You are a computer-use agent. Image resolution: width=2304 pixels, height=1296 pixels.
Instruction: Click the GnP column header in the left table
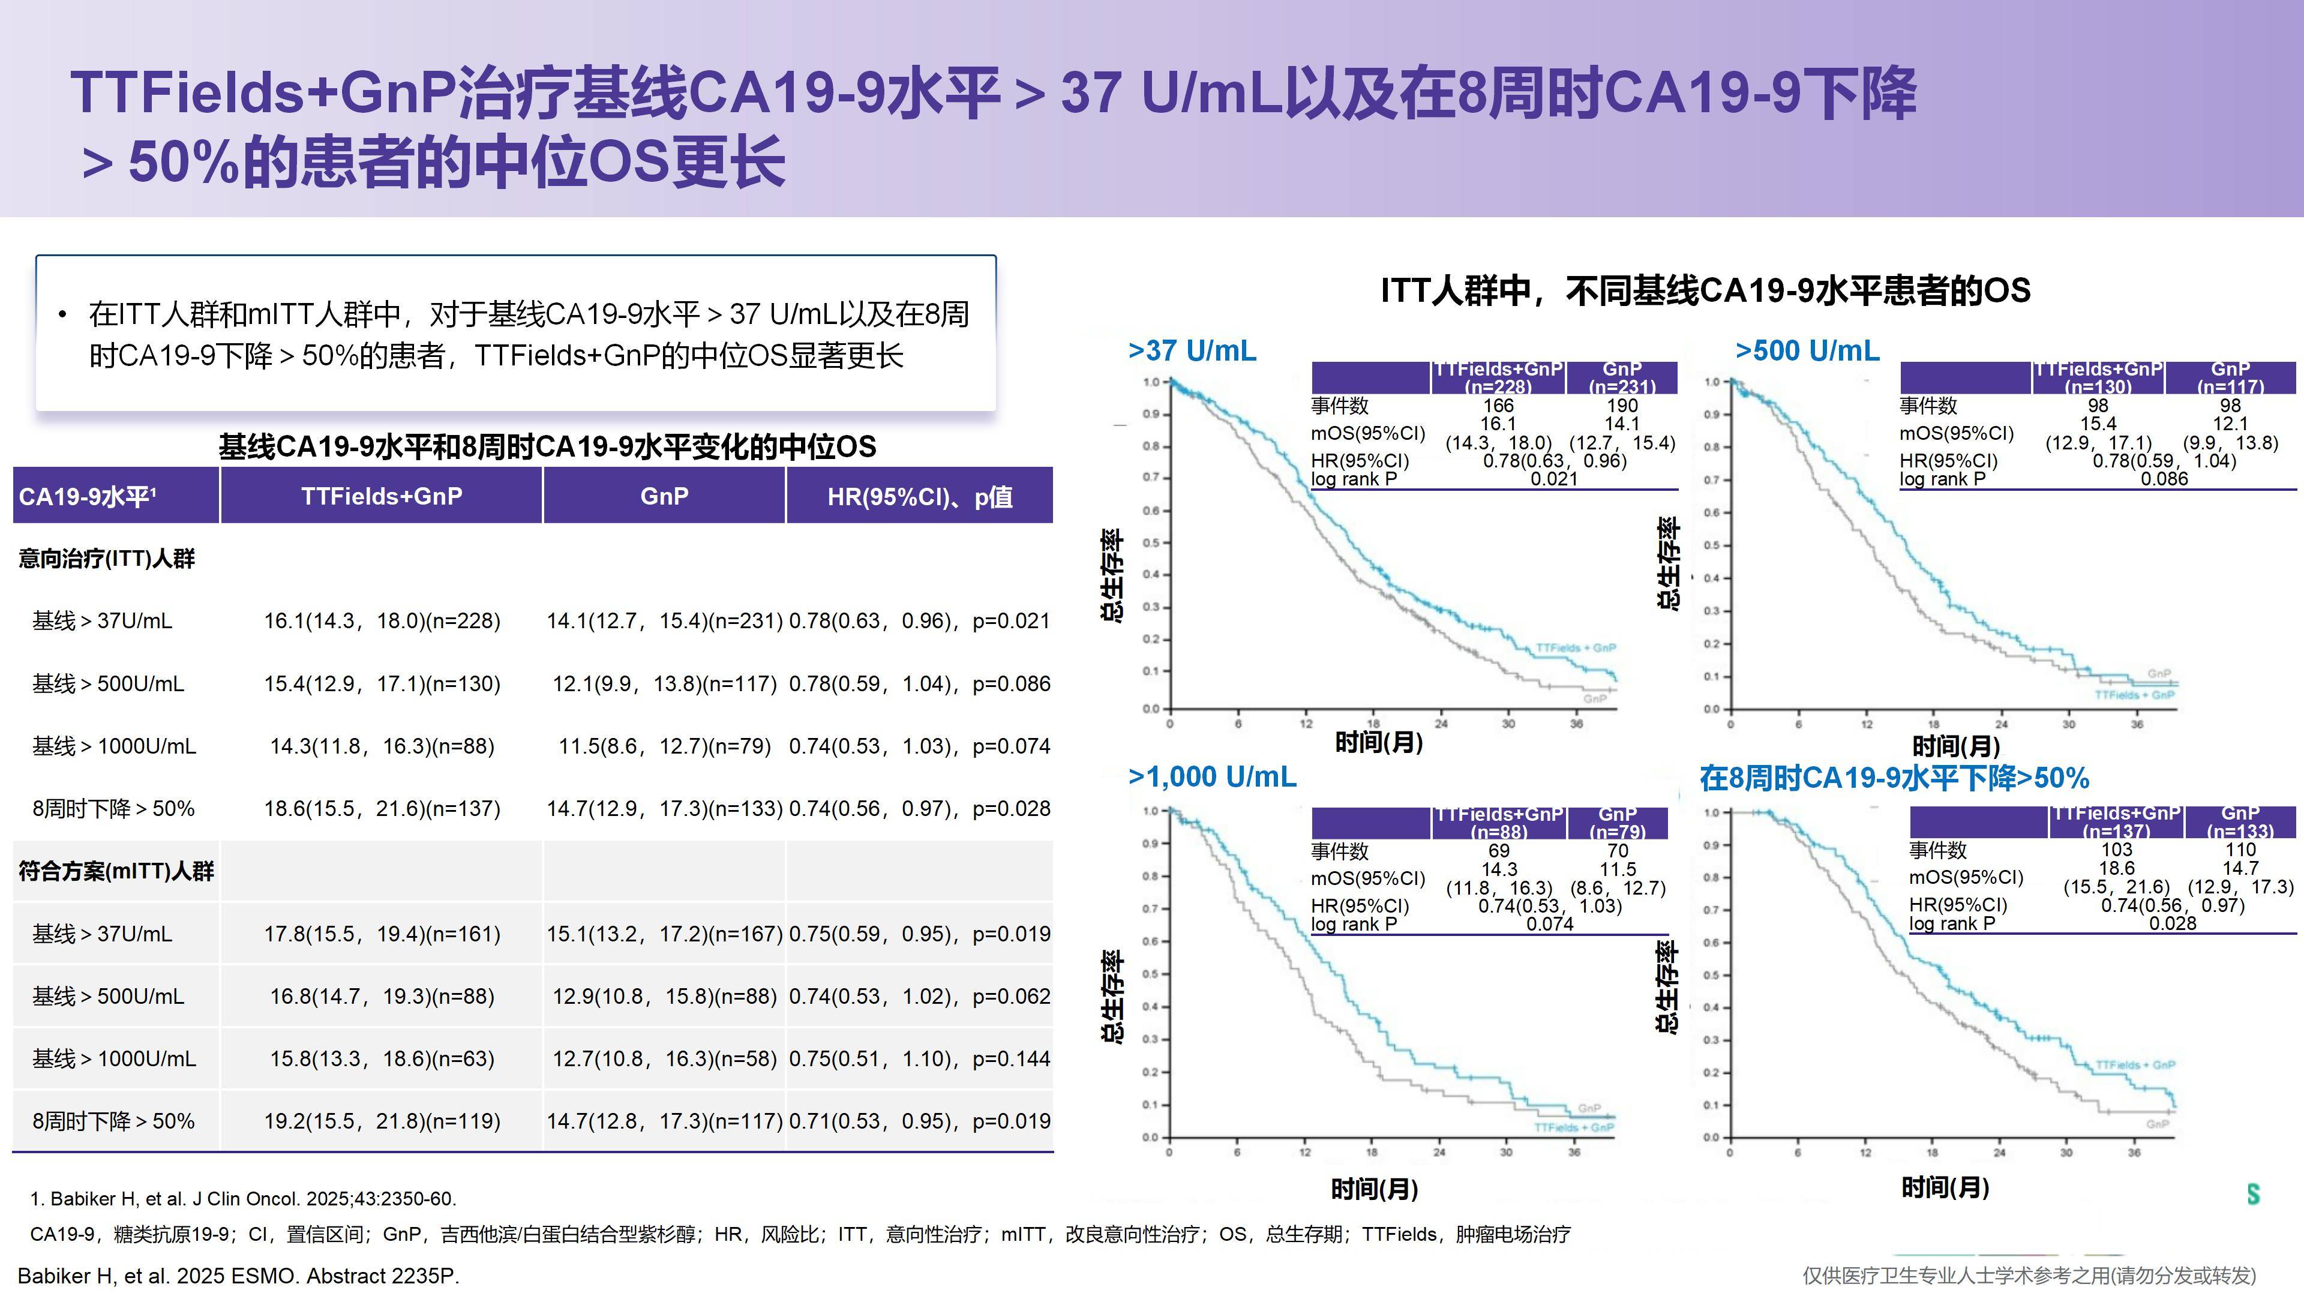[x=664, y=496]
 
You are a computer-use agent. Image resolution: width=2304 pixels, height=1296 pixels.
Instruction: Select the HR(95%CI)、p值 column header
[x=919, y=496]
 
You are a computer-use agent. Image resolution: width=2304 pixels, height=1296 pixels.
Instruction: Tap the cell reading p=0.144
[x=919, y=1059]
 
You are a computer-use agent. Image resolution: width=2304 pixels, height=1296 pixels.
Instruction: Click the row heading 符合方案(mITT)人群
[x=116, y=871]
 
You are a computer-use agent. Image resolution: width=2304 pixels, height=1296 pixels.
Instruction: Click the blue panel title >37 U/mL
[x=1192, y=350]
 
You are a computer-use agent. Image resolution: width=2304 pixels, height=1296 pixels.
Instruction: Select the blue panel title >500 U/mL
[x=1807, y=350]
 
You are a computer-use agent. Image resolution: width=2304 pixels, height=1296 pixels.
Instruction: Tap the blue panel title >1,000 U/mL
[x=1212, y=776]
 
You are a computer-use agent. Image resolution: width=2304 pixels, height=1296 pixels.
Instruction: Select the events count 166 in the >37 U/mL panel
[x=1498, y=405]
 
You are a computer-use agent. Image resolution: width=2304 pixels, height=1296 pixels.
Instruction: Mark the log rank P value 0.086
[x=2164, y=479]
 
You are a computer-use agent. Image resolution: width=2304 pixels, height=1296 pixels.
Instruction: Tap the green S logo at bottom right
[x=2253, y=1193]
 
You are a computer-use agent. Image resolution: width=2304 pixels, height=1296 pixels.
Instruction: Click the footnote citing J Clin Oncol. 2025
[x=243, y=1199]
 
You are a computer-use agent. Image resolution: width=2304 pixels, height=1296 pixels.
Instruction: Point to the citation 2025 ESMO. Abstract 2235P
[x=239, y=1276]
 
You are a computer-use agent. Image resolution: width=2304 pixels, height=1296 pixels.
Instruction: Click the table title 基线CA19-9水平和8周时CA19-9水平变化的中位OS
[x=547, y=446]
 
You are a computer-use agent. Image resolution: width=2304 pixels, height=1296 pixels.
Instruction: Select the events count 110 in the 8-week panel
[x=2240, y=850]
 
